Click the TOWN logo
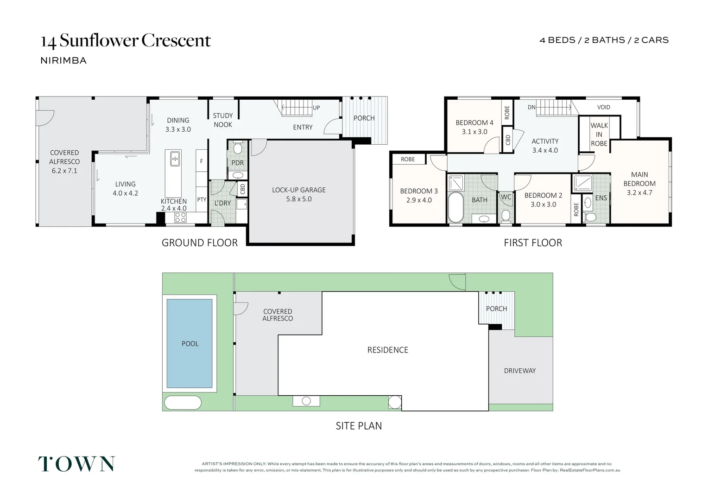(x=76, y=464)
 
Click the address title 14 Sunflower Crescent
(x=126, y=41)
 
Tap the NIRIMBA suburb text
(x=63, y=60)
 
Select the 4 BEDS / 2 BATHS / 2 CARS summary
(x=604, y=40)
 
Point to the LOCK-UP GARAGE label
(x=298, y=190)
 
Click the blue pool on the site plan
(x=190, y=343)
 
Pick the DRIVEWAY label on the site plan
(x=519, y=371)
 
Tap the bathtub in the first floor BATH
(x=455, y=207)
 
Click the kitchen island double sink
(x=175, y=159)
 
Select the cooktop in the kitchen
(x=180, y=217)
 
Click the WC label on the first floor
(x=506, y=197)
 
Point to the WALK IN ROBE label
(x=599, y=135)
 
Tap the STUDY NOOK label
(x=222, y=120)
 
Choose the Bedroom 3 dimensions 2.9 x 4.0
(x=418, y=200)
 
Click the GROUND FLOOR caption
(x=199, y=243)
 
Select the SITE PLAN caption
(x=359, y=426)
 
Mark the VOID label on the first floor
(x=603, y=107)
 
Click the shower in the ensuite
(x=582, y=183)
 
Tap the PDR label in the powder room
(x=237, y=163)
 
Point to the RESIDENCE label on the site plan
(x=387, y=350)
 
